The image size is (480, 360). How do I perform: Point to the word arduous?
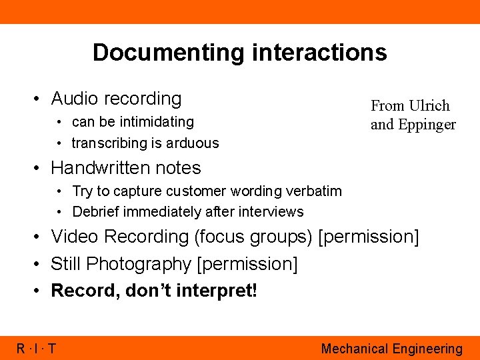tap(194, 143)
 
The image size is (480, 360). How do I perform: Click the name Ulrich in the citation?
tap(429, 106)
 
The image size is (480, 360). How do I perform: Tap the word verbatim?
tap(313, 191)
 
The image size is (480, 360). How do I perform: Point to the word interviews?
tap(272, 212)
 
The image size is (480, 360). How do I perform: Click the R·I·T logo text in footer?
tap(36, 348)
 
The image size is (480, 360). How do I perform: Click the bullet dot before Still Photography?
tap(37, 265)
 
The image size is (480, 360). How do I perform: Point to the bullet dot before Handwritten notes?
tap(37, 168)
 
